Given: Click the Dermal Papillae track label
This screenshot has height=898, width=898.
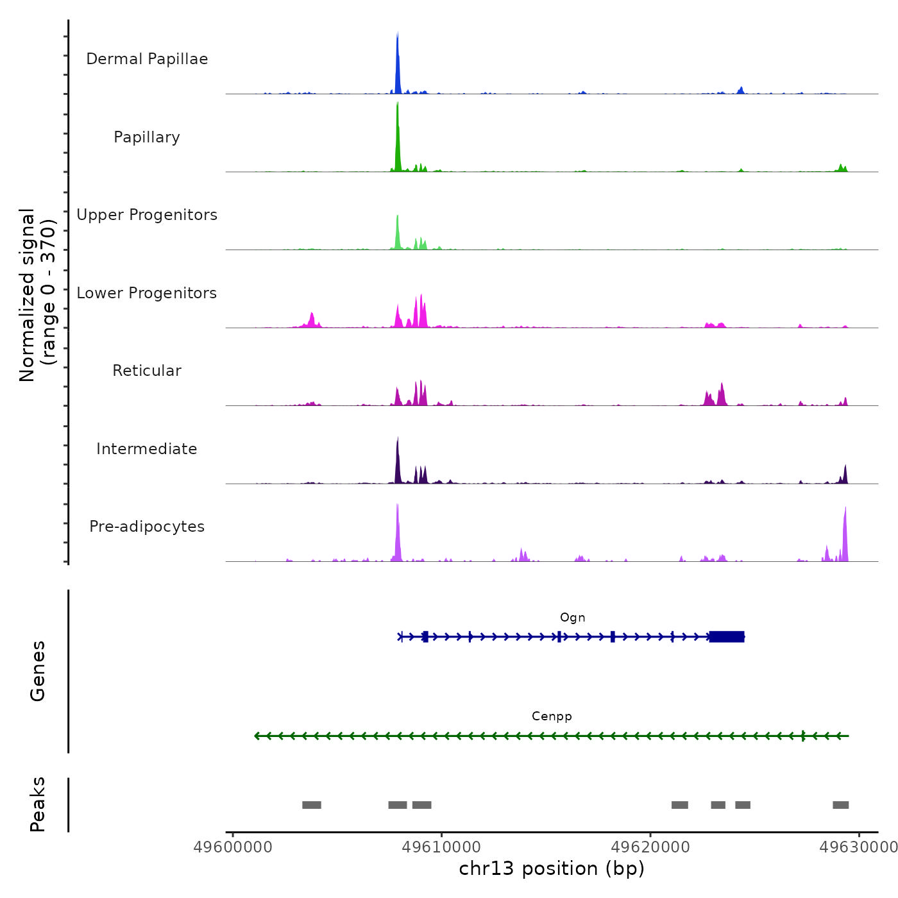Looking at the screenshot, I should (147, 59).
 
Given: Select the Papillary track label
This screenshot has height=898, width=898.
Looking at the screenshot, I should (147, 137).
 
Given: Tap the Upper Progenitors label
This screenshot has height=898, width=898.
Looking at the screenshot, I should (147, 215).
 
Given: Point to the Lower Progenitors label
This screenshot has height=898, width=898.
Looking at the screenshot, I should (147, 293).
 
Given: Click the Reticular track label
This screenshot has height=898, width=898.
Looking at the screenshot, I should (147, 371).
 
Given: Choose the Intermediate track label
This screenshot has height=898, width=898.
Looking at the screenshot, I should (147, 449).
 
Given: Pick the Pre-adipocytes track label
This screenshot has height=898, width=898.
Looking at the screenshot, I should (147, 527).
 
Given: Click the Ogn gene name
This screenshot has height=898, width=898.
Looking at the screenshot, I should (573, 618).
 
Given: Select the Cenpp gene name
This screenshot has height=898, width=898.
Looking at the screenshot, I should (552, 716).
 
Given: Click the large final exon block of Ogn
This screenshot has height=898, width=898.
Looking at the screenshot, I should (727, 637).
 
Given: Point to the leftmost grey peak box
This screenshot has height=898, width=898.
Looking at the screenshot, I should (312, 805).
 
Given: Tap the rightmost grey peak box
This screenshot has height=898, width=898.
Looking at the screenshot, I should (841, 805).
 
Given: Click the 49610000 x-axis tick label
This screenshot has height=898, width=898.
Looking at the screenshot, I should (441, 847).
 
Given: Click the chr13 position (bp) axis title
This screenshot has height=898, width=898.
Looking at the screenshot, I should (552, 868).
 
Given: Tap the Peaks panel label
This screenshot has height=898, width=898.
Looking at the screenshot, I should (38, 804).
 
